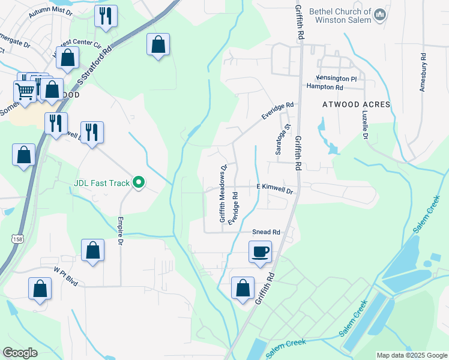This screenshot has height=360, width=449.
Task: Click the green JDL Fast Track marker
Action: [139, 182]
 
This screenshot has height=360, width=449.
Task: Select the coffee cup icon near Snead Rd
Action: [260, 251]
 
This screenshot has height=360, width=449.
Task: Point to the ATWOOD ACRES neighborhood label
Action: [356, 104]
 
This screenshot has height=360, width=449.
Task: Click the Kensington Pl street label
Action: [337, 79]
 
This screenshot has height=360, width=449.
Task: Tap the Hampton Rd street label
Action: [324, 87]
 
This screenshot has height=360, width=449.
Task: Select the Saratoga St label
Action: [279, 140]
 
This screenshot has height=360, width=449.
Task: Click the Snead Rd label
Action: [266, 232]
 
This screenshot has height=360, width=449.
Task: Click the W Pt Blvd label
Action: [66, 278]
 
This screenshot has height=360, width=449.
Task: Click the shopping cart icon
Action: [24, 92]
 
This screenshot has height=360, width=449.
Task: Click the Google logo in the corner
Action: [20, 353]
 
